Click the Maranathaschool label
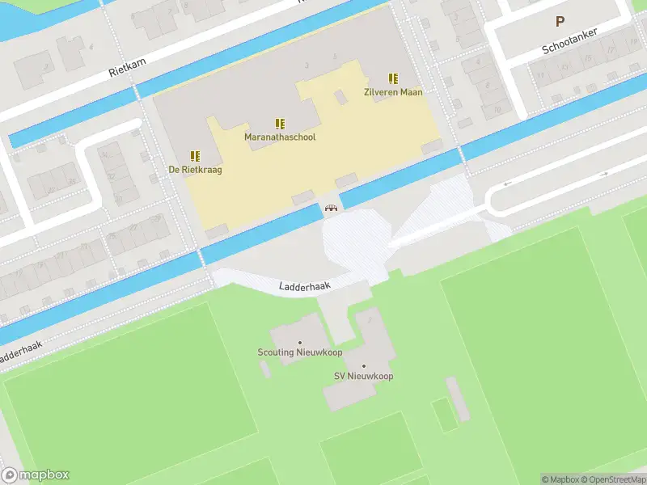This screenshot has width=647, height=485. pos(280,137)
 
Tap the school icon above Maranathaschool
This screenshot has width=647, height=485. pos(280,124)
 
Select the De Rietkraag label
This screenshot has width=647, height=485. pos(195,170)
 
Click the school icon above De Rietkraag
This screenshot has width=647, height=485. pos(195,156)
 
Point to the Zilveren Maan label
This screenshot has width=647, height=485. pos(393,92)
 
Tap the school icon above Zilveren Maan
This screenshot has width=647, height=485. pos(393,78)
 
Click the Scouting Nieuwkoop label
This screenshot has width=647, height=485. pos(299,352)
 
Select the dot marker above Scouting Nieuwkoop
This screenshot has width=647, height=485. pos(299,343)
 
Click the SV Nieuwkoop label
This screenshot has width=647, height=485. pos(363,376)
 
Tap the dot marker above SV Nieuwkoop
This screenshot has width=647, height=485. pos(363,366)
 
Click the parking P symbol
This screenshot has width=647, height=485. pos(558,22)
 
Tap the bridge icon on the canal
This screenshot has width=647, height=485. pos(331,208)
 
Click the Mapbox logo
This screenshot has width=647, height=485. pos(36,475)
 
